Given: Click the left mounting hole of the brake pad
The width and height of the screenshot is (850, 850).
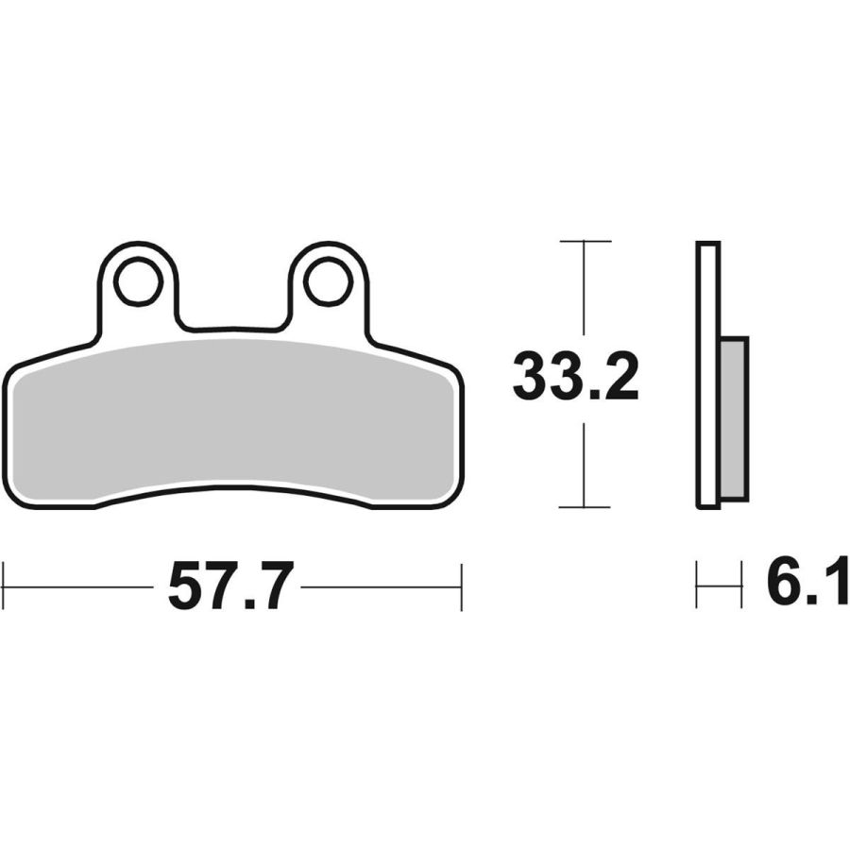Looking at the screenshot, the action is tap(138, 281).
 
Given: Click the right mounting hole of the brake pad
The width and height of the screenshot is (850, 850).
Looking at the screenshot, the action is tap(329, 281).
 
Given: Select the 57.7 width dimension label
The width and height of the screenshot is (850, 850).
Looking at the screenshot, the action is tap(231, 586).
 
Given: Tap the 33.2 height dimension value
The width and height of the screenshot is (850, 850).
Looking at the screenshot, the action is tap(575, 376).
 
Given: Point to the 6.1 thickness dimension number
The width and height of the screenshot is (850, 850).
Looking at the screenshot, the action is tap(807, 580).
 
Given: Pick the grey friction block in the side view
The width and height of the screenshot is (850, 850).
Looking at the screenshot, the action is tap(735, 418).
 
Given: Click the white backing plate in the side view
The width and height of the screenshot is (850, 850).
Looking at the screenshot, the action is tap(708, 375).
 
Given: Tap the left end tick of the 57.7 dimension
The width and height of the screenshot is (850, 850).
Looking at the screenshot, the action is tap(4, 586).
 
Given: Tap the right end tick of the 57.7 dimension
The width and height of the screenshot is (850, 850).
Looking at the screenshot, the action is tap(461, 587).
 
